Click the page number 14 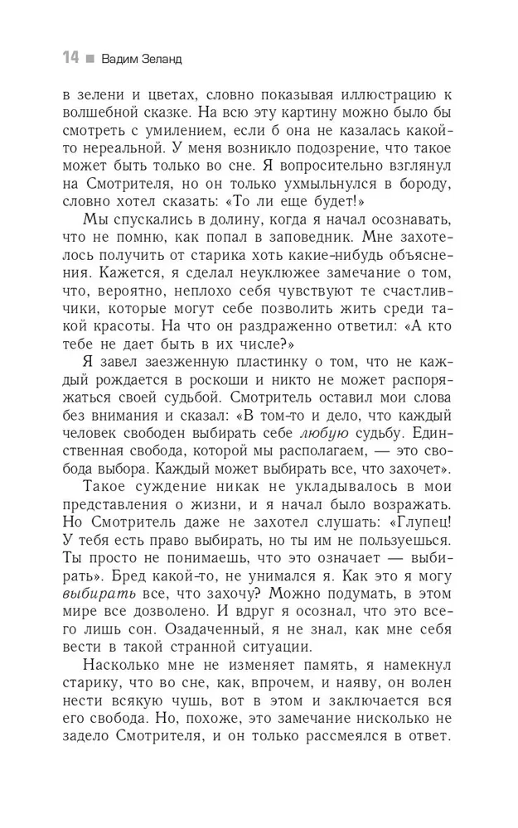point(69,59)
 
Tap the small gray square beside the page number point(89,60)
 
